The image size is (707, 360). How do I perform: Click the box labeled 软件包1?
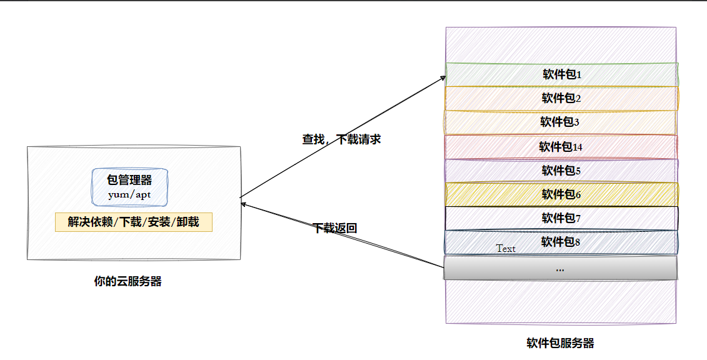(x=561, y=74)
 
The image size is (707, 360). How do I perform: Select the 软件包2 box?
(x=561, y=98)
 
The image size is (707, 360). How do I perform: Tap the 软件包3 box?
(x=561, y=122)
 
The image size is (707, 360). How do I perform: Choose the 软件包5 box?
(x=561, y=171)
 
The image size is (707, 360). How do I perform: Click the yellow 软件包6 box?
(x=561, y=194)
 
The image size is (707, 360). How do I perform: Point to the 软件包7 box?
(x=561, y=218)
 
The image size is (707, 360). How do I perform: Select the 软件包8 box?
(x=561, y=242)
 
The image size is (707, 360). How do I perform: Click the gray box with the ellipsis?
(x=560, y=268)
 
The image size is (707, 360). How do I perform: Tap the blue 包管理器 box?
(x=129, y=187)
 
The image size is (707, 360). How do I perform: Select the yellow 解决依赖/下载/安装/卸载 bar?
(x=134, y=222)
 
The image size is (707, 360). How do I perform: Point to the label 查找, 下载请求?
(x=341, y=139)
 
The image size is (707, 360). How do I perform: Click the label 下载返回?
(x=334, y=228)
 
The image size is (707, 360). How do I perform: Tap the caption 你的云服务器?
(x=128, y=281)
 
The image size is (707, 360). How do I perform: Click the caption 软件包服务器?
(x=560, y=343)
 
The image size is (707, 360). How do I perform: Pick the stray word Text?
(x=506, y=249)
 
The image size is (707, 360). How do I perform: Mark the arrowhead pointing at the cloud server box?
(x=244, y=204)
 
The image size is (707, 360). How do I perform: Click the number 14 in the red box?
(x=578, y=147)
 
